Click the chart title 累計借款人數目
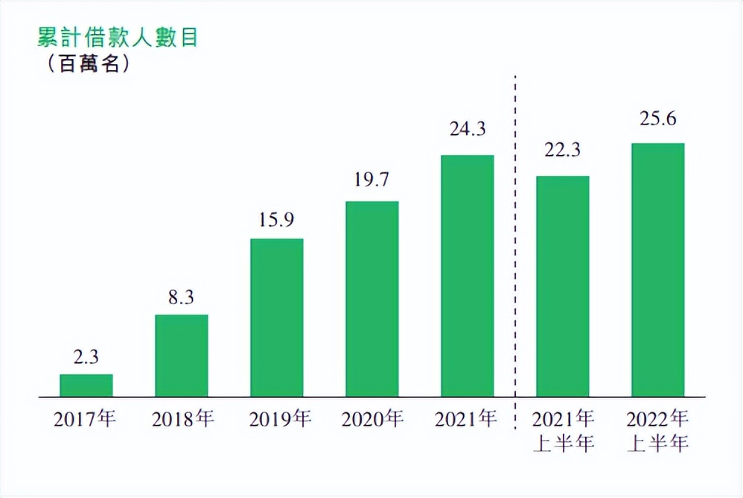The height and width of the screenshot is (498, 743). [117, 37]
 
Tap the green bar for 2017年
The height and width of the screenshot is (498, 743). [86, 385]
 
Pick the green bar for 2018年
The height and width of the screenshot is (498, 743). [182, 355]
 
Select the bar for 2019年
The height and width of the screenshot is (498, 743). [277, 317]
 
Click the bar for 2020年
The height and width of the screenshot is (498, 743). [372, 298]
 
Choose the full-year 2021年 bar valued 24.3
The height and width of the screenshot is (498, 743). [468, 275]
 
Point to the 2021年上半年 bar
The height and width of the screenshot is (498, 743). [563, 286]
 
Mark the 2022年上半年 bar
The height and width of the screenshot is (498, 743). [658, 269]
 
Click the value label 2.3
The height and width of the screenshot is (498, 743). [86, 357]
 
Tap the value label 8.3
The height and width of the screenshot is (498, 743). [182, 297]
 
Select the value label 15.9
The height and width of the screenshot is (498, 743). [277, 221]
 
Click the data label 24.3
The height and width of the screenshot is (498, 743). [468, 129]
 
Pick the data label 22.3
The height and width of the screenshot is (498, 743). [563, 150]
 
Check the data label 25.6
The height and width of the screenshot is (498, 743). [658, 118]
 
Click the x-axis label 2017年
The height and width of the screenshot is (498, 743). [86, 419]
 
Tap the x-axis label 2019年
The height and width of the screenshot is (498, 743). [277, 419]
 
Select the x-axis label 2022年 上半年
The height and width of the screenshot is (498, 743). [658, 431]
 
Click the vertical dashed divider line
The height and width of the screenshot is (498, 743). [516, 246]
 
